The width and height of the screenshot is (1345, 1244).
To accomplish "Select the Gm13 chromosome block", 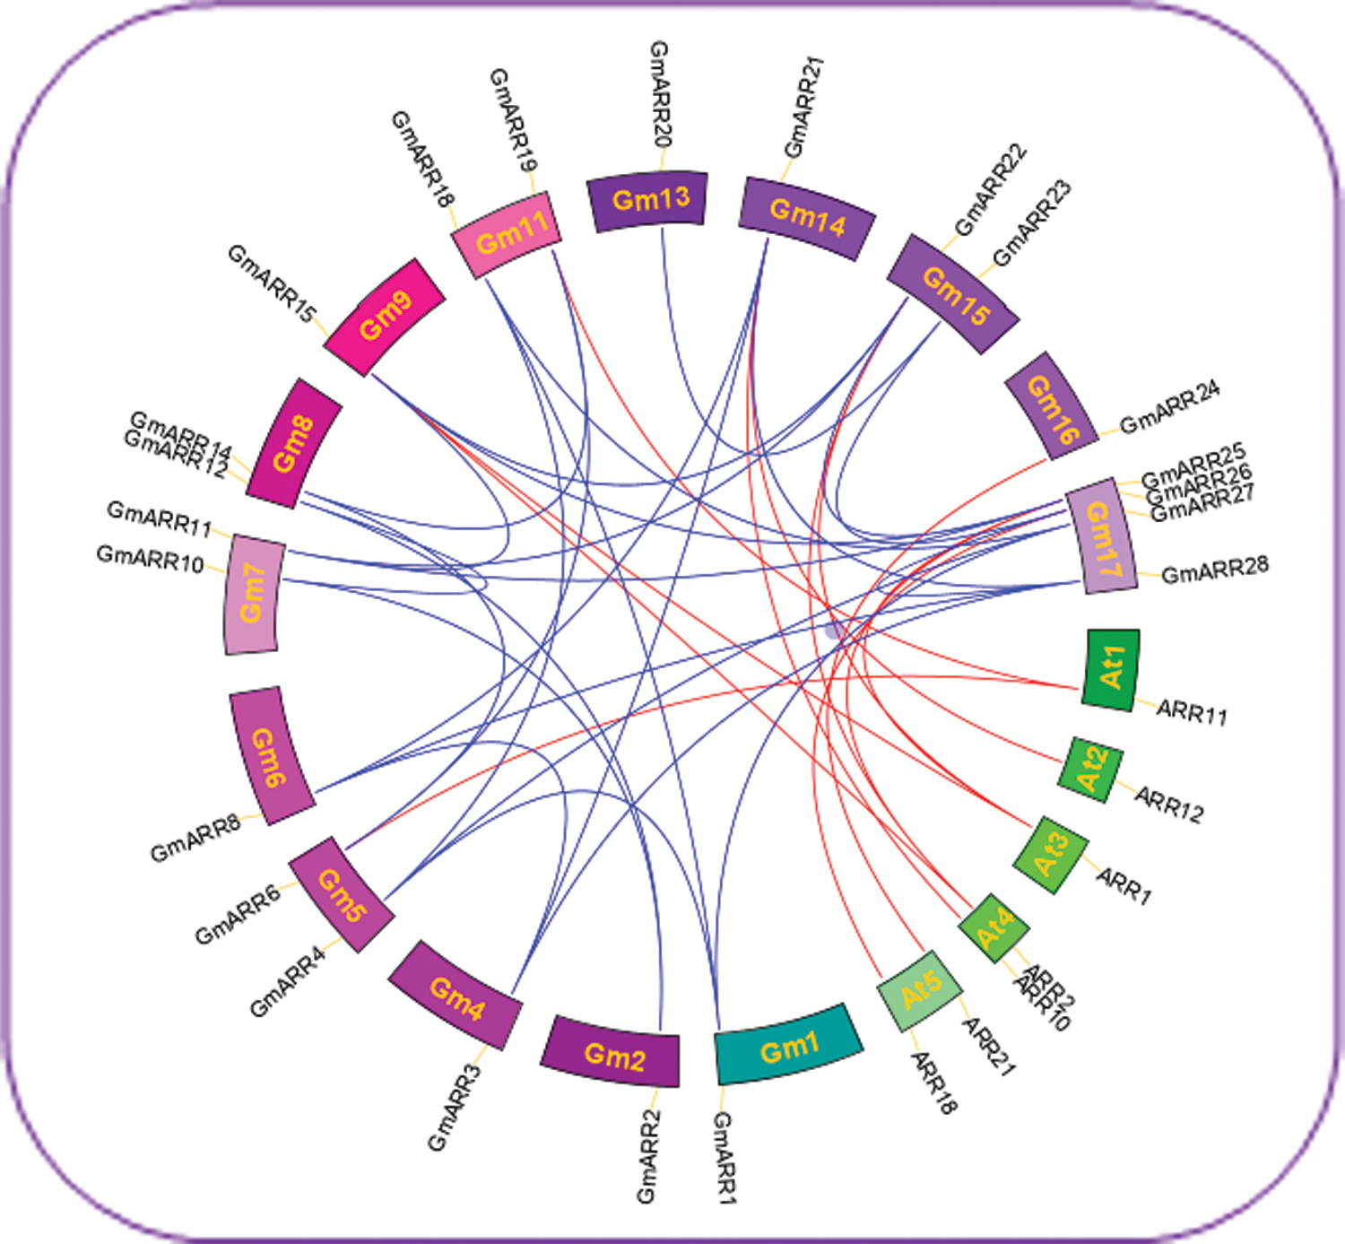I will point(648,200).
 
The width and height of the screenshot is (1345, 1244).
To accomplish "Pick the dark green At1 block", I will point(1112,668).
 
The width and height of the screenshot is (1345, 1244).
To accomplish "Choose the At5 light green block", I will point(920,990).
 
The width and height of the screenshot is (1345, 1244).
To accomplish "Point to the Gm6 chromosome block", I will point(270,756).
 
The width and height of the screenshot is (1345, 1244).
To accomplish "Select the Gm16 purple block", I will point(1052,406).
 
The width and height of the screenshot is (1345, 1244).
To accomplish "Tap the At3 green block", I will point(1051,855).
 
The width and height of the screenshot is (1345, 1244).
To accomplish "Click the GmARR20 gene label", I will point(661,94).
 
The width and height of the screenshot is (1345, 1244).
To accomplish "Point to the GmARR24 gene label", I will point(1169,407).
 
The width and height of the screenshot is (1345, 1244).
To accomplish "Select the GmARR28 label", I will point(1215,570).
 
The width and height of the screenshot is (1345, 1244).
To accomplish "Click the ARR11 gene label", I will point(1192,712).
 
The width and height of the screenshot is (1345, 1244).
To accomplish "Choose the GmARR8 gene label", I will point(195,838).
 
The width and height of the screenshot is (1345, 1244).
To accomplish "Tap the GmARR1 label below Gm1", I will point(724,1157).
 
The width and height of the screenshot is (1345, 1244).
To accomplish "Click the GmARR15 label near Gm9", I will point(272,283).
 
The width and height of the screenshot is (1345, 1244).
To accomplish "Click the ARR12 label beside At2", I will point(1169,803).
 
